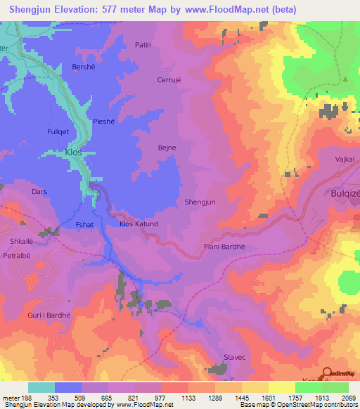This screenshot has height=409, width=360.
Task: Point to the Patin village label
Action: [143, 45]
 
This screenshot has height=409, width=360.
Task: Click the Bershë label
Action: [84, 67]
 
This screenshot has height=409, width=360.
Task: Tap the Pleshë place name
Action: [105, 120]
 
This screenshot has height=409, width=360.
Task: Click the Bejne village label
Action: [167, 148]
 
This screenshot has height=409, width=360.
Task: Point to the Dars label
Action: [39, 190]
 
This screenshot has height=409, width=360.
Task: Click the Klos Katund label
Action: [139, 224]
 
